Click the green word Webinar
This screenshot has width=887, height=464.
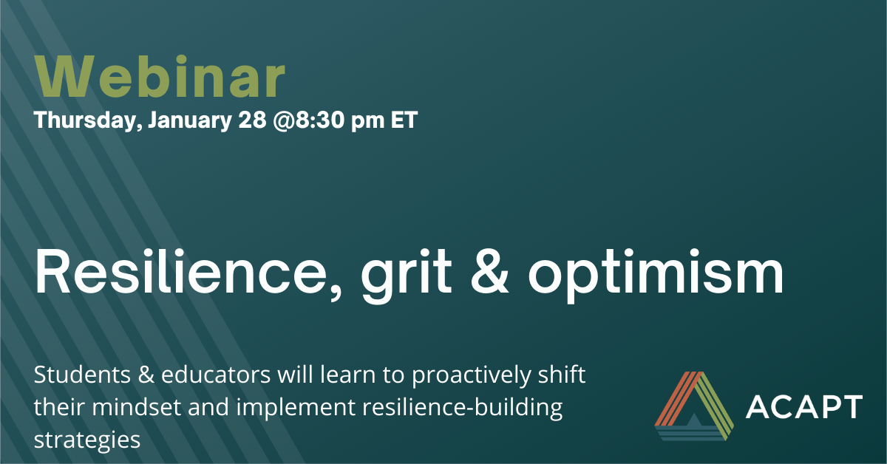point(160,76)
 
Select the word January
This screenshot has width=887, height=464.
point(190,120)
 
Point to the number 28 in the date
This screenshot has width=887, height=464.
point(252,120)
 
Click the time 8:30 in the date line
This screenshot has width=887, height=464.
point(320,120)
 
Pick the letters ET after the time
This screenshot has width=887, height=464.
point(404,120)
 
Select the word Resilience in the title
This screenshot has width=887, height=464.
point(188,273)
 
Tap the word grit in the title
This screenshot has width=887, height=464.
point(407,275)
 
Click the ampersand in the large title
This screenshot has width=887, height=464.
point(489,272)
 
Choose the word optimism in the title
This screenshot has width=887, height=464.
point(656,275)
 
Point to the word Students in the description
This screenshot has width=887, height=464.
point(82,375)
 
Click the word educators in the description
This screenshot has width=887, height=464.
point(216,375)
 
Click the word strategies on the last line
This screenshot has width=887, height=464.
point(87,440)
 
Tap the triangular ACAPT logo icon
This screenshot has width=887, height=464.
point(694,406)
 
